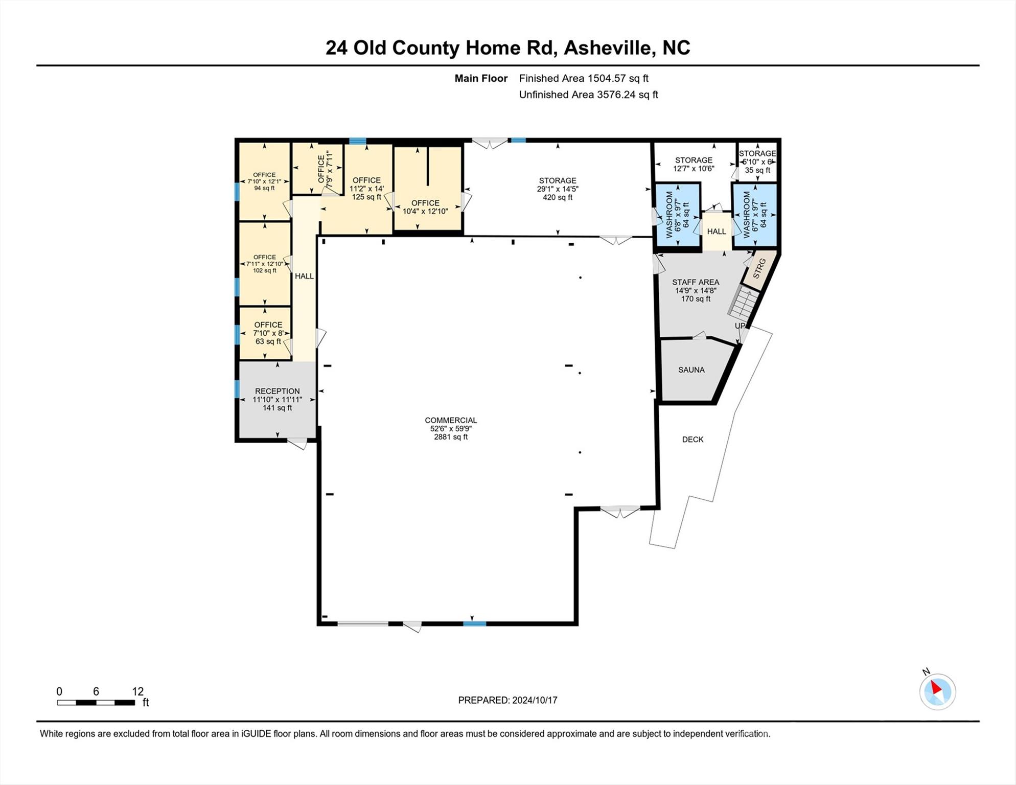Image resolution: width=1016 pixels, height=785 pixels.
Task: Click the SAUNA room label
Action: (x=691, y=370)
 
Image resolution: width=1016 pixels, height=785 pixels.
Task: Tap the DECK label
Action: (x=692, y=440)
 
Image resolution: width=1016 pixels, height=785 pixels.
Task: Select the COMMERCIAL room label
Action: (x=450, y=421)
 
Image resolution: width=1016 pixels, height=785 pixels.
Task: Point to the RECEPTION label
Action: (x=277, y=391)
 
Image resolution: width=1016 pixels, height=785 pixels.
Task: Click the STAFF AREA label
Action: (x=696, y=282)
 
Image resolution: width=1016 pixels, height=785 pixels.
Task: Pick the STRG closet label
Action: (x=759, y=269)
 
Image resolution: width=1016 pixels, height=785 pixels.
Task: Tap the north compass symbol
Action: (x=937, y=691)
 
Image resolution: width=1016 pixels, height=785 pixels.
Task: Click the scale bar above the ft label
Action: (x=96, y=703)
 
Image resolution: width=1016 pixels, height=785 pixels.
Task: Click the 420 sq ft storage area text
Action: (x=558, y=198)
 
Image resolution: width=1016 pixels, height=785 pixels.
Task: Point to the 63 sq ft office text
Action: (x=268, y=341)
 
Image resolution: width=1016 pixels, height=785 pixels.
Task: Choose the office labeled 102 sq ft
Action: (x=265, y=264)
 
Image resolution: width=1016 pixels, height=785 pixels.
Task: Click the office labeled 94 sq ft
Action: (x=264, y=181)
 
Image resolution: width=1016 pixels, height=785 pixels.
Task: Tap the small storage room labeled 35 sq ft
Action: (x=757, y=162)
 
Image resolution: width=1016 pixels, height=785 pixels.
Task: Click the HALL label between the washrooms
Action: (x=717, y=232)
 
